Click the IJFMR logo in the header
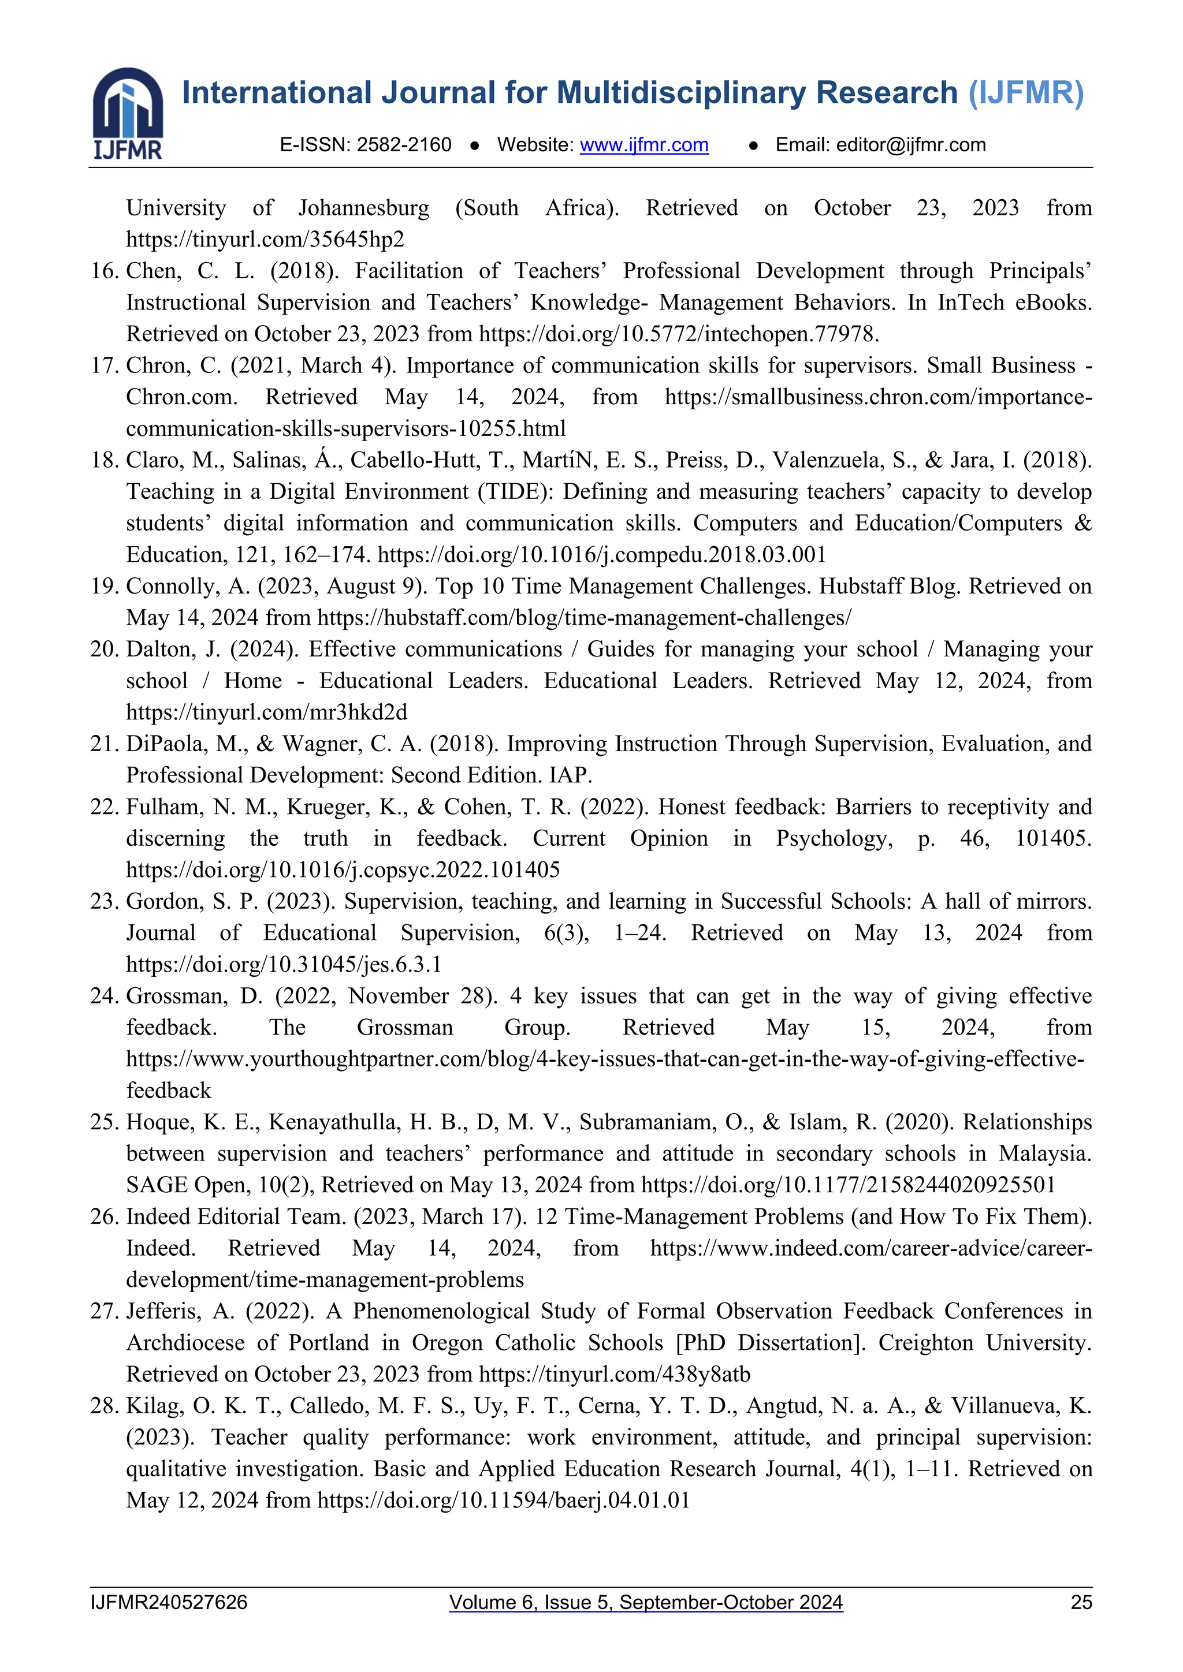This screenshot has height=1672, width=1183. (128, 113)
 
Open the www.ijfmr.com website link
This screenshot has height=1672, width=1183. (644, 145)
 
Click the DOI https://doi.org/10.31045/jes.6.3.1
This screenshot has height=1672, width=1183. (284, 964)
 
